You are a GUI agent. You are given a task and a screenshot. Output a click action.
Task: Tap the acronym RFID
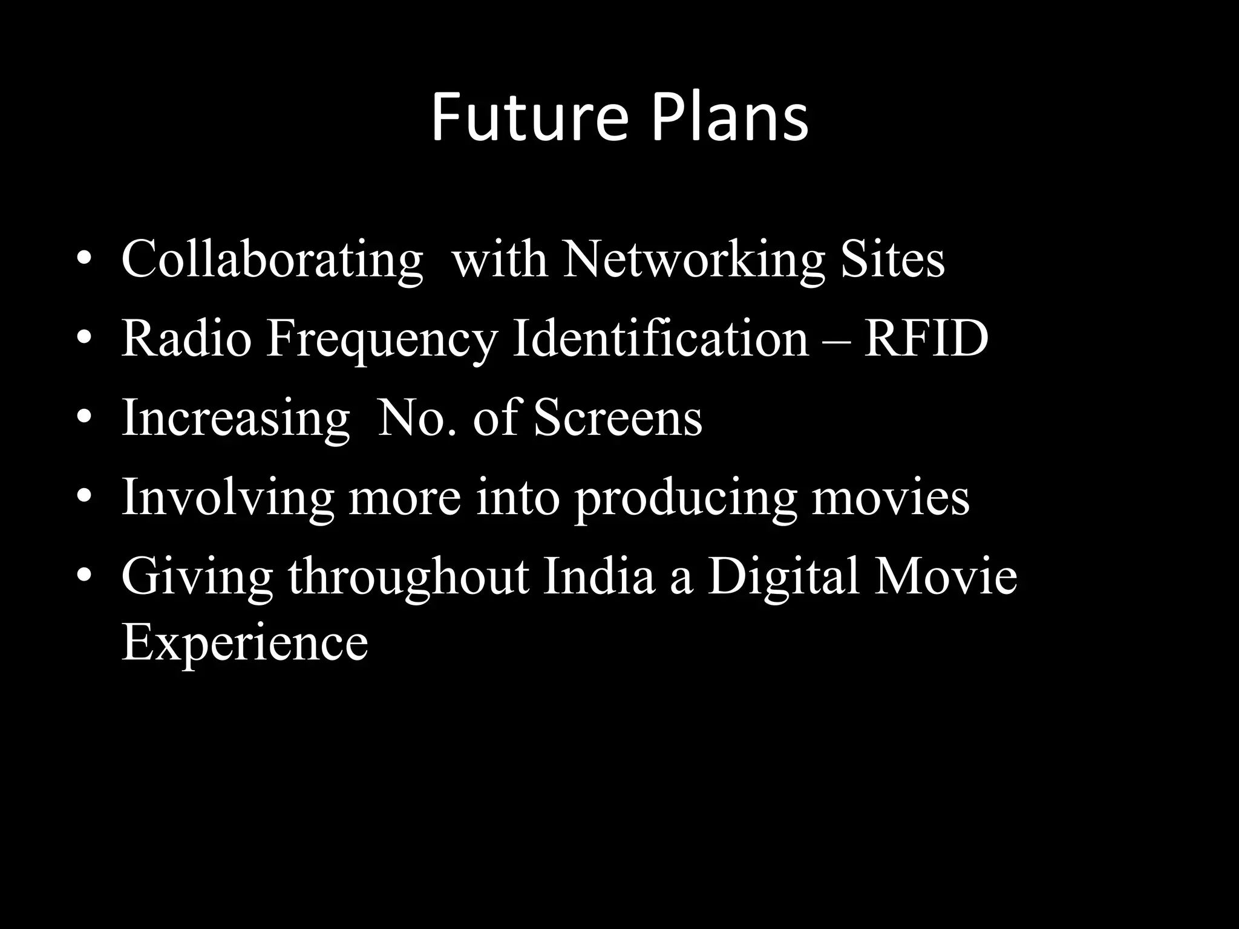pyautogui.click(x=926, y=339)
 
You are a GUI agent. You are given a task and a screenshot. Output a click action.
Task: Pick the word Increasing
pyautogui.click(x=235, y=419)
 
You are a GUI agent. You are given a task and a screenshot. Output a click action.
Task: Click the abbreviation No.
pyautogui.click(x=417, y=419)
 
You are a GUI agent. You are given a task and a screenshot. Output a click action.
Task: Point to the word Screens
pyautogui.click(x=618, y=419)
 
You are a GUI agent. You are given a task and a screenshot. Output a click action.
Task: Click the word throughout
pyautogui.click(x=408, y=578)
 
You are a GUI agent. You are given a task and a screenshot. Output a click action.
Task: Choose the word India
pyautogui.click(x=599, y=577)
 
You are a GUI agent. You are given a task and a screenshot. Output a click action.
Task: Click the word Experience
pyautogui.click(x=244, y=644)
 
